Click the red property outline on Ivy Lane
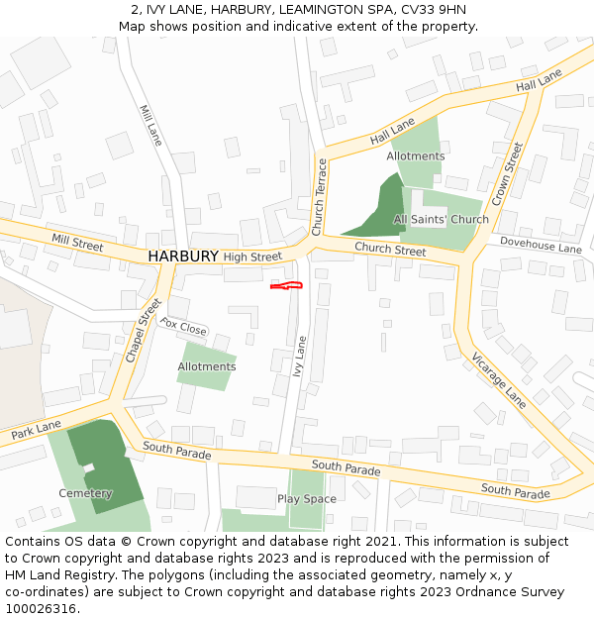[x=286, y=286]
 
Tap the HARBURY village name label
[x=183, y=256]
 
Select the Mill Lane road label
[x=150, y=126]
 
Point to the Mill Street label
[x=77, y=243]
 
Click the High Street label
[x=252, y=257]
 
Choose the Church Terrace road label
[x=319, y=197]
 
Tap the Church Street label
[x=390, y=249]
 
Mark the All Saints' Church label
[x=441, y=219]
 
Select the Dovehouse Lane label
[x=541, y=245]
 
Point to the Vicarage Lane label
[x=499, y=380]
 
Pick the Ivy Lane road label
[x=300, y=360]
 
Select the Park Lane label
[x=37, y=429]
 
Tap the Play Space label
[x=306, y=499]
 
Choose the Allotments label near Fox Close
[x=207, y=366]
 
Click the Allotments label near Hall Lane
[x=416, y=156]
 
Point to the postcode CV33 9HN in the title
[x=434, y=10]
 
